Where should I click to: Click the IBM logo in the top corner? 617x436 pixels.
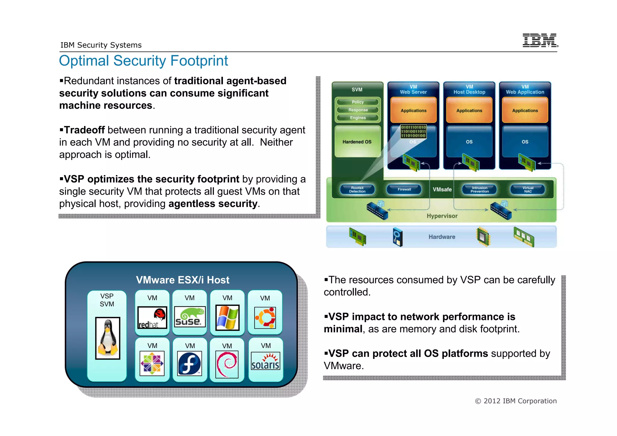coord(540,40)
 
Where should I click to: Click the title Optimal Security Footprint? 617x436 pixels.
coord(143,61)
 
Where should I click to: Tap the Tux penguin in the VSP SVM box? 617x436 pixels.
coord(108,338)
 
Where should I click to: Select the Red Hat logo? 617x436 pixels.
coord(152,318)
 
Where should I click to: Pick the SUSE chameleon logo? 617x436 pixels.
coord(190,317)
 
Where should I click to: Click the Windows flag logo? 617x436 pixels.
coord(227,317)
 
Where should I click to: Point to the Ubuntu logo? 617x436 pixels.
coord(265,318)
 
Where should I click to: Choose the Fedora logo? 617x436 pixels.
coord(189,363)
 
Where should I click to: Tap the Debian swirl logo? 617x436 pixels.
coord(227,364)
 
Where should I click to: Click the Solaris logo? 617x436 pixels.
coord(265,361)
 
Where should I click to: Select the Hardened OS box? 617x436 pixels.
coord(357,142)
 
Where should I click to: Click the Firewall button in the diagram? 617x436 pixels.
coord(404,190)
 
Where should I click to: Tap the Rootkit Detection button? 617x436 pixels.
coord(357,190)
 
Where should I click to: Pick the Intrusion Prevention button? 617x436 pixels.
coord(480,190)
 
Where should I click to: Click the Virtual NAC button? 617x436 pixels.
coord(528,190)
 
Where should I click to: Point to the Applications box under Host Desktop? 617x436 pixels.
coord(469,110)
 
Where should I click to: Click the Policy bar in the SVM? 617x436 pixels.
coord(358,102)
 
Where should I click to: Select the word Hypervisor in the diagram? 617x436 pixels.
coord(442,216)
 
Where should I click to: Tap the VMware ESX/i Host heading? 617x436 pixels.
coord(183,280)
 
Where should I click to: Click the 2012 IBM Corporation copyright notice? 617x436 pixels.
coord(516,401)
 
